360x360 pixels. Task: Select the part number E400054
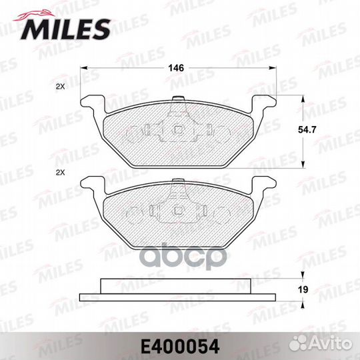pyautogui.click(x=180, y=345)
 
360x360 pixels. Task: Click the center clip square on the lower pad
pyautogui.click(x=179, y=211)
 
